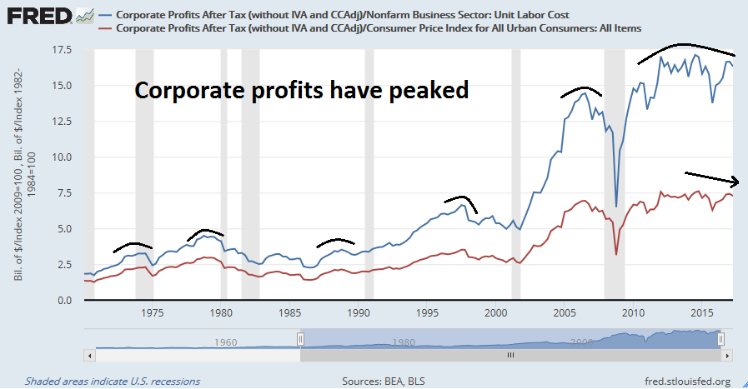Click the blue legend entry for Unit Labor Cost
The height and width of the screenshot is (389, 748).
tap(349, 14)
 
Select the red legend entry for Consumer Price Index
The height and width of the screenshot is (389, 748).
tap(379, 28)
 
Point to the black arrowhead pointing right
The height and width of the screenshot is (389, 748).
tap(735, 182)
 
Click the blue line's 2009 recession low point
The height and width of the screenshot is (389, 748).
tap(616, 206)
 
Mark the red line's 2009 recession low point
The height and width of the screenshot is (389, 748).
tap(616, 255)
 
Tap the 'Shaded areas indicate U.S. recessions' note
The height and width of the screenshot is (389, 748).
tap(113, 382)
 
